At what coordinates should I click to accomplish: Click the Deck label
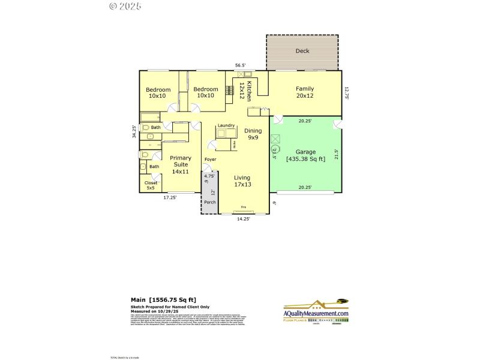pos(302,51)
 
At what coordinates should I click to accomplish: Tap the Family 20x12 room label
pos(305,92)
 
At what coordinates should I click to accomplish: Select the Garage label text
pos(305,152)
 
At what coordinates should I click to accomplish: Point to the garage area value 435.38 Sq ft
pos(305,159)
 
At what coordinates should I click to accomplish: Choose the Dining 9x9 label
pos(253,134)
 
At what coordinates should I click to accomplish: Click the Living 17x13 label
pos(242,181)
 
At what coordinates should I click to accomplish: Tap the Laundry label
pos(226,125)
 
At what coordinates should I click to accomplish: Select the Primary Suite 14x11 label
pos(181,164)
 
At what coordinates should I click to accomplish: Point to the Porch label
pos(209,202)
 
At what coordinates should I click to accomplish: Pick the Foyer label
pos(210,160)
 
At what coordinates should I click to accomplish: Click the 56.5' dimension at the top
pos(240,65)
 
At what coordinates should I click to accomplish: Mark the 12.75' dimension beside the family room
pos(346,92)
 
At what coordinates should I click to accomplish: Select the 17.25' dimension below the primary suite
pos(170,197)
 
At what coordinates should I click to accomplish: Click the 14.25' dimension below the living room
pos(242,219)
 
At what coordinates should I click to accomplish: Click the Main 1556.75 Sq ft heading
pos(163,300)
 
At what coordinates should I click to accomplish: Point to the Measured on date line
pos(156,311)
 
